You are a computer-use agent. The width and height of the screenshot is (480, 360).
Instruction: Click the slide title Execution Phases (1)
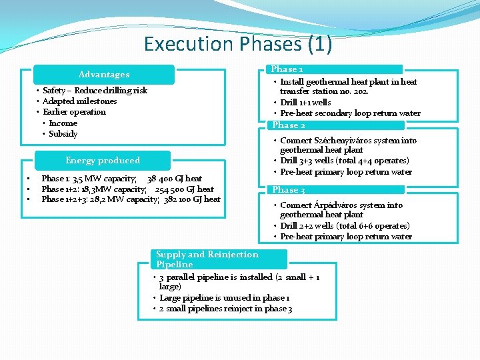(x=238, y=44)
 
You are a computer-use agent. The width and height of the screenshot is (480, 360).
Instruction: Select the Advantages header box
(x=104, y=74)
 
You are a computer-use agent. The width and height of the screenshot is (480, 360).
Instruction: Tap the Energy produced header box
(x=103, y=160)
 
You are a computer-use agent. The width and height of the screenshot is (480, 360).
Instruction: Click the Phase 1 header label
(x=287, y=69)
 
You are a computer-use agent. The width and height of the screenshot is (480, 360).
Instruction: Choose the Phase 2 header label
(x=289, y=125)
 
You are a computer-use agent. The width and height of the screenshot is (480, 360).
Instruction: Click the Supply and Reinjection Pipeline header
(x=207, y=259)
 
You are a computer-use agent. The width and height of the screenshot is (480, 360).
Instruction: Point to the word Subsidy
(x=63, y=134)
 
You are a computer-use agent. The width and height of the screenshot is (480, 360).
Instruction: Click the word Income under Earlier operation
(x=63, y=123)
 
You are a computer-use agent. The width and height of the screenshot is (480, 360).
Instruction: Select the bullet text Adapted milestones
(x=79, y=101)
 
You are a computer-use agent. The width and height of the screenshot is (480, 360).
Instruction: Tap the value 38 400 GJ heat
(x=175, y=179)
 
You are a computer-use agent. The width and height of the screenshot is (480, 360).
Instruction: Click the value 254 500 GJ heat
(x=185, y=189)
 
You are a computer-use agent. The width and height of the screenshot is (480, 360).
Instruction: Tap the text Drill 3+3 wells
(x=307, y=161)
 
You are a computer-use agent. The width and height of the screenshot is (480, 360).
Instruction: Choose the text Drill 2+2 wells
(x=307, y=226)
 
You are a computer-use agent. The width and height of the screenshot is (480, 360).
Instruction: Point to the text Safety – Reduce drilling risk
(x=95, y=91)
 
